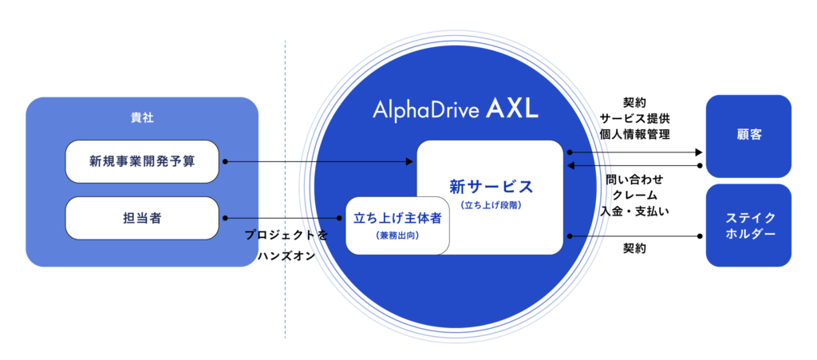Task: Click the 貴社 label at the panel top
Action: coord(142,117)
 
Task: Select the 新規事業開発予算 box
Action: coord(142,161)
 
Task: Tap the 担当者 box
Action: coord(142,218)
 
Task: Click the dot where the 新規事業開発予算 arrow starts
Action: coord(226,161)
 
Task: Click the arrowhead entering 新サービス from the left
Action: coord(410,162)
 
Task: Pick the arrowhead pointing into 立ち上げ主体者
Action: coord(341,218)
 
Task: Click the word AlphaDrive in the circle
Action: coord(424,110)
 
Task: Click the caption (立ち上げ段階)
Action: coord(491,205)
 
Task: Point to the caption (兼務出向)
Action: coord(397,236)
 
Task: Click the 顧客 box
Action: coord(748,135)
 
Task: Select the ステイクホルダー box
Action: coord(748,226)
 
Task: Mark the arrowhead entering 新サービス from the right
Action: coord(570,166)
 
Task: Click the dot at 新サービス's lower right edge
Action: coord(569,235)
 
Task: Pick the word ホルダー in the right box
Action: coord(748,235)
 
